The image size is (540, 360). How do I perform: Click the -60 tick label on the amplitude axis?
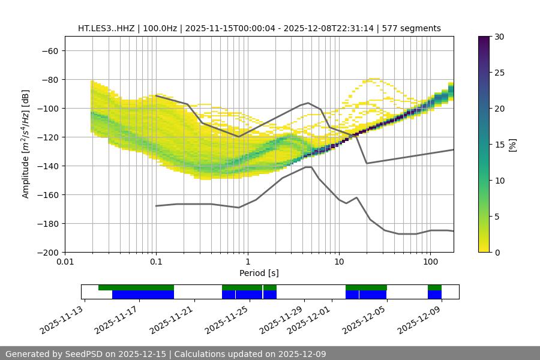pos(49,50)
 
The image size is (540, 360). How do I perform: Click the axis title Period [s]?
pos(259,273)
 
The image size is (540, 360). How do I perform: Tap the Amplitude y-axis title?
pos(26,144)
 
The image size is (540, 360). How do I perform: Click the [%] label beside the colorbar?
pos(512,145)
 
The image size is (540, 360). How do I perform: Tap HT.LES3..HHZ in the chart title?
pos(106,28)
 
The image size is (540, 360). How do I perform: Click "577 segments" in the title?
pos(415,28)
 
